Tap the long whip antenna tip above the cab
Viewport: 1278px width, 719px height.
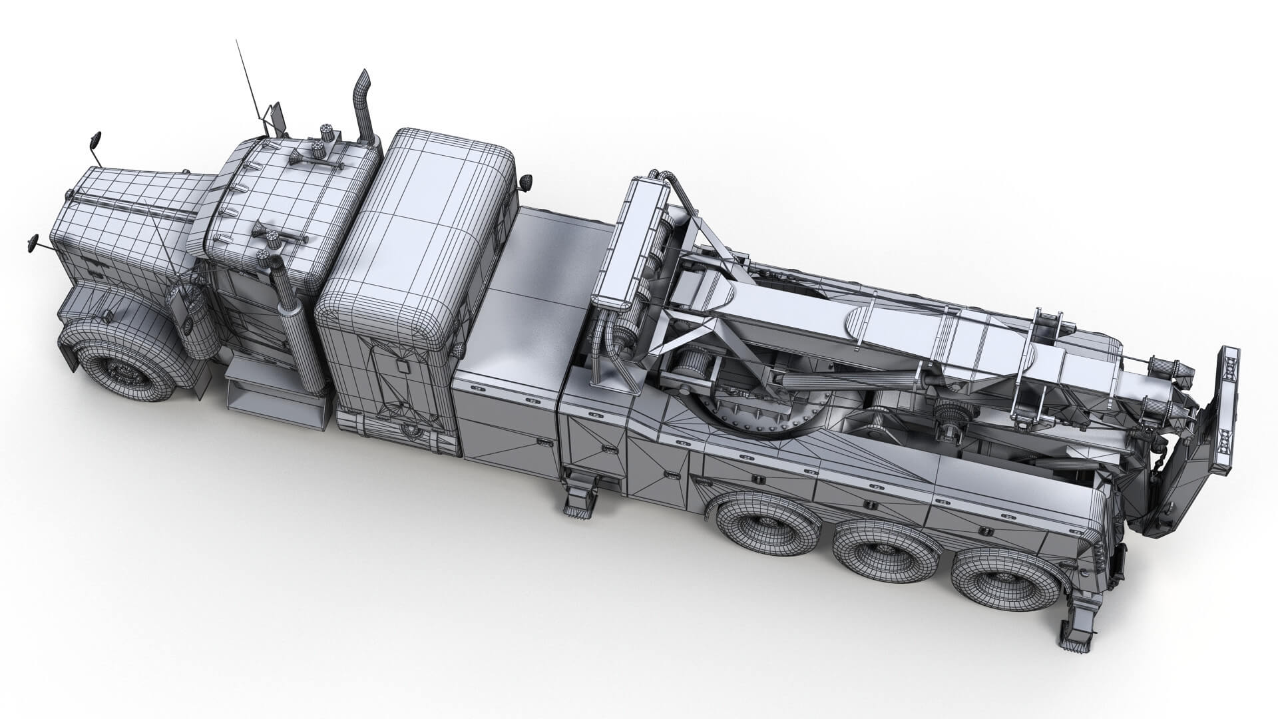point(237,41)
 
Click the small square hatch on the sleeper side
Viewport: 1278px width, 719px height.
point(402,367)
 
